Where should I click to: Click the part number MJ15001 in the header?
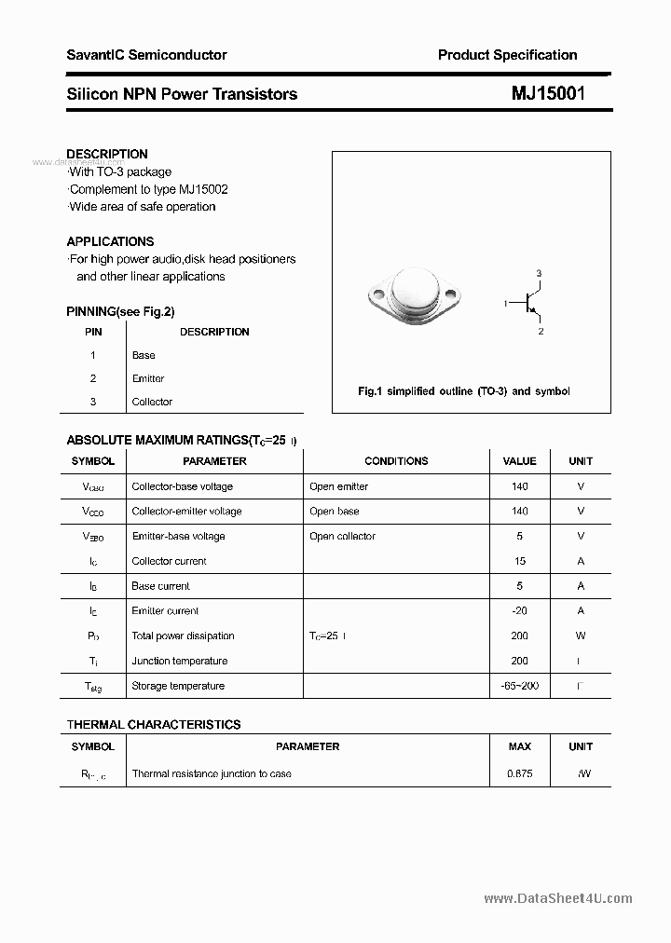pos(548,93)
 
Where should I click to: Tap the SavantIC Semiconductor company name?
pos(146,55)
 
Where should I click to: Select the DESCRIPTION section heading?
pos(107,154)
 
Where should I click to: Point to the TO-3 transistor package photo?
pos(413,299)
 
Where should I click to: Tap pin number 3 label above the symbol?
pos(539,272)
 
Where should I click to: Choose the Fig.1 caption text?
pos(463,391)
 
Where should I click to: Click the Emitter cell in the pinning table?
pos(148,378)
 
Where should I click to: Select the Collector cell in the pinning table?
pos(152,402)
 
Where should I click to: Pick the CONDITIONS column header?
pos(396,461)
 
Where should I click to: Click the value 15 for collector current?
pos(520,561)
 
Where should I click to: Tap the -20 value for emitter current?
pos(520,611)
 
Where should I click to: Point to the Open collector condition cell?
pos(342,536)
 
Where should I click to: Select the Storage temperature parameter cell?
pos(178,686)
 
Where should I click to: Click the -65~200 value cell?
pos(520,686)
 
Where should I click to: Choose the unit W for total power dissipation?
pos(581,635)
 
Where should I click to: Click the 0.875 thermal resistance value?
pos(520,773)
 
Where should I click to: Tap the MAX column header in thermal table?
pos(520,746)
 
